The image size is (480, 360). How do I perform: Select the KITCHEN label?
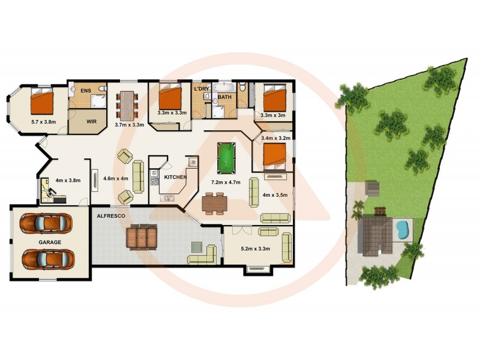pos(175,178)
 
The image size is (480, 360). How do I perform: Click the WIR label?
pos(92,121)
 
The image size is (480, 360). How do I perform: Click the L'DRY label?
pos(201,89)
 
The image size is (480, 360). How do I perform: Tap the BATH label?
pos(225,97)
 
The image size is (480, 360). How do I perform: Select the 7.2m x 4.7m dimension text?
pos(226,182)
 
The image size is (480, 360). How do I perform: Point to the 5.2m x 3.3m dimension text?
pos(254,248)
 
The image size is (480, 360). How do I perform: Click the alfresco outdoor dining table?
pos(142,236)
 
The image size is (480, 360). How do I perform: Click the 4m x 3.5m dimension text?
pos(275,194)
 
